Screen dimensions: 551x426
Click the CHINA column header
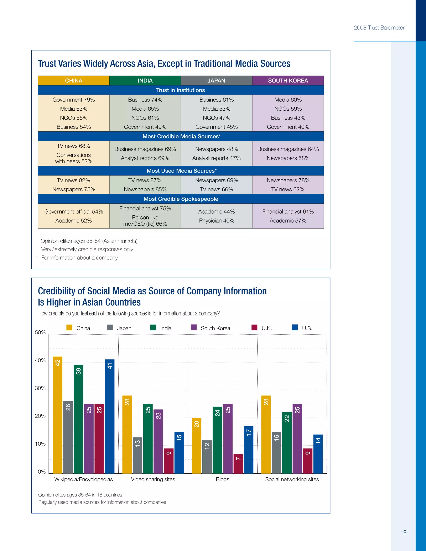(73, 80)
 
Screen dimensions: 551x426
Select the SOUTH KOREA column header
(288, 80)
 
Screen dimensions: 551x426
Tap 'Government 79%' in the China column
(73, 100)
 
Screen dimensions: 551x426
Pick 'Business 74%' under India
(145, 100)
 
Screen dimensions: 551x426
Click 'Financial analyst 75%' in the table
(145, 208)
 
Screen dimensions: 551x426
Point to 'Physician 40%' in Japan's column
(217, 220)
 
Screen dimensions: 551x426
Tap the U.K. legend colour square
(254, 327)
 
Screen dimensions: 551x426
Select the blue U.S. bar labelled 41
(110, 416)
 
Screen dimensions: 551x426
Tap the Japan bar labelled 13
(137, 455)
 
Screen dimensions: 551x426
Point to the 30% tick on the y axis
(40, 388)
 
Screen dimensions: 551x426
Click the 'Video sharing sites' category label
(153, 479)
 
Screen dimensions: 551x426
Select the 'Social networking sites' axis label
(292, 479)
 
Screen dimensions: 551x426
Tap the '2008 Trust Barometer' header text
(379, 28)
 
